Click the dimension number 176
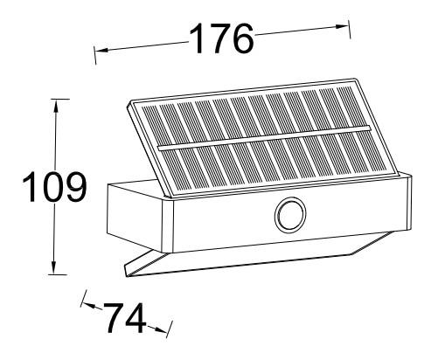(221, 38)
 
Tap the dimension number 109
(53, 187)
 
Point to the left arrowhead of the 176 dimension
(97, 52)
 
